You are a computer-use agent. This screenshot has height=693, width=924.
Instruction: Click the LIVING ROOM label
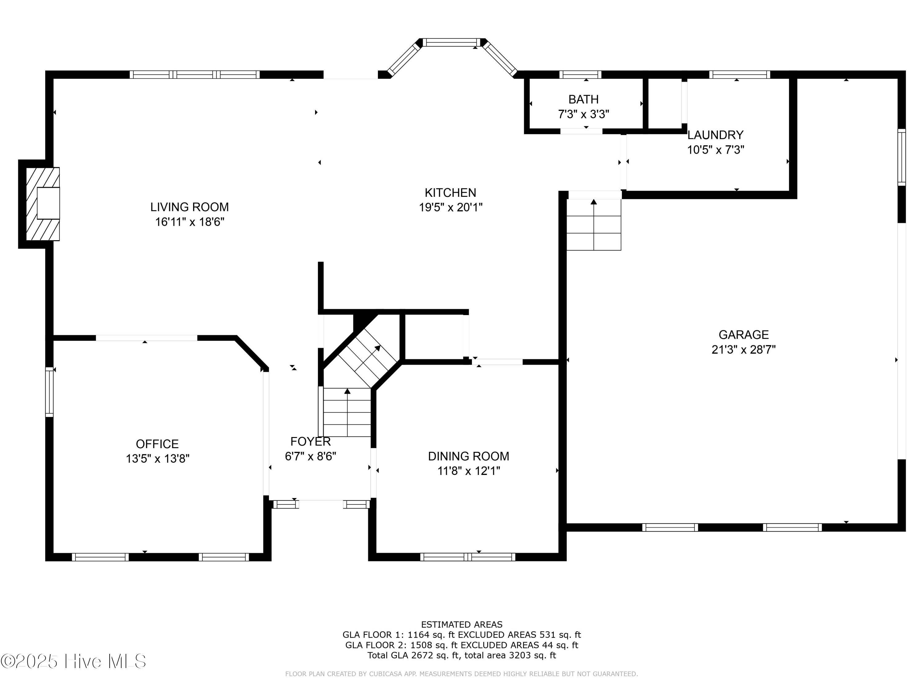click(x=190, y=207)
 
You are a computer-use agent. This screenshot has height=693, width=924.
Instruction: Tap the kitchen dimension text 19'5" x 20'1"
click(x=451, y=207)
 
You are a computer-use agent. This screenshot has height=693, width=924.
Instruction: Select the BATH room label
click(x=584, y=99)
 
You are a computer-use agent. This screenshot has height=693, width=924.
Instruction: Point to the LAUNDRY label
click(x=715, y=135)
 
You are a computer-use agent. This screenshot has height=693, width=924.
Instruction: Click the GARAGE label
click(x=744, y=334)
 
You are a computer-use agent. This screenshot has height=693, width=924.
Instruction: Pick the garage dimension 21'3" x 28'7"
click(x=744, y=350)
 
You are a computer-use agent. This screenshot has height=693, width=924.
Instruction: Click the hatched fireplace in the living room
click(x=43, y=204)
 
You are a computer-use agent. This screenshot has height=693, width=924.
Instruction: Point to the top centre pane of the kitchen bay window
click(x=452, y=42)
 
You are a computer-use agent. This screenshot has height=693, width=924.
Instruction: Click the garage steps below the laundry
click(x=594, y=225)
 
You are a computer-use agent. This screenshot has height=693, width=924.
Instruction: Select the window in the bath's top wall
click(x=580, y=75)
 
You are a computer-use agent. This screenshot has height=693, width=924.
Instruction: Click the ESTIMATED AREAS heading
click(x=462, y=625)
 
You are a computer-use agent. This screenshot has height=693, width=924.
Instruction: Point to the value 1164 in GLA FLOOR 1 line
click(x=419, y=635)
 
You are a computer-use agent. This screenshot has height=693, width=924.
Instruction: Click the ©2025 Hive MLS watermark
click(x=74, y=661)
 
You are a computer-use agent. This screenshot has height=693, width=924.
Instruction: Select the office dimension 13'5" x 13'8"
click(x=157, y=459)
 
